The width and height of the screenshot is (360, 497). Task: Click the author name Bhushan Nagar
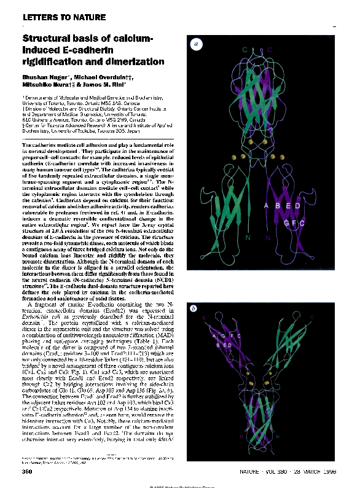coord(44,78)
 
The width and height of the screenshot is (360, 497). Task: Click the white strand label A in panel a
coord(266,206)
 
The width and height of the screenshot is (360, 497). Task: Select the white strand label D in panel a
coord(298,206)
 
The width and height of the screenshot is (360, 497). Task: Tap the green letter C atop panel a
coord(244,49)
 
